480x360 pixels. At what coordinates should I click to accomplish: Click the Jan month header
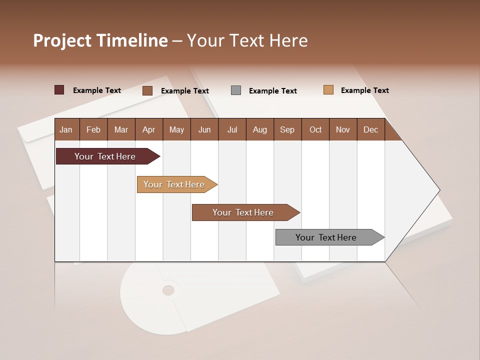[66, 129]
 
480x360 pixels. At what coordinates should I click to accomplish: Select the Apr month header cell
[149, 129]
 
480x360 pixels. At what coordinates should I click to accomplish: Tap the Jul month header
[232, 129]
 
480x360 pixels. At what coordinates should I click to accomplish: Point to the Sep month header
[287, 129]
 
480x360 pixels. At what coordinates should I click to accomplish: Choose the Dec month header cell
[370, 129]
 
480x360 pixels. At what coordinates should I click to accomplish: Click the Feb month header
[93, 129]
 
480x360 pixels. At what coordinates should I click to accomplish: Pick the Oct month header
[315, 129]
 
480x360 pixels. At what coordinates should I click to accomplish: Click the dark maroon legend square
[59, 90]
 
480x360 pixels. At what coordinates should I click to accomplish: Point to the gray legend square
[236, 90]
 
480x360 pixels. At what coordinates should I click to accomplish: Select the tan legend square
[328, 90]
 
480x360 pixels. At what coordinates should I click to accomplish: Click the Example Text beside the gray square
[272, 91]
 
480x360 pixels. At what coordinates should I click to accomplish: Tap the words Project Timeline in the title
[100, 40]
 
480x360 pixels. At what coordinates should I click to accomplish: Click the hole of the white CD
[168, 290]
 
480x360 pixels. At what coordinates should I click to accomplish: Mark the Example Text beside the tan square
[364, 90]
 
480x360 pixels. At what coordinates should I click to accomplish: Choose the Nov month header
[343, 129]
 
